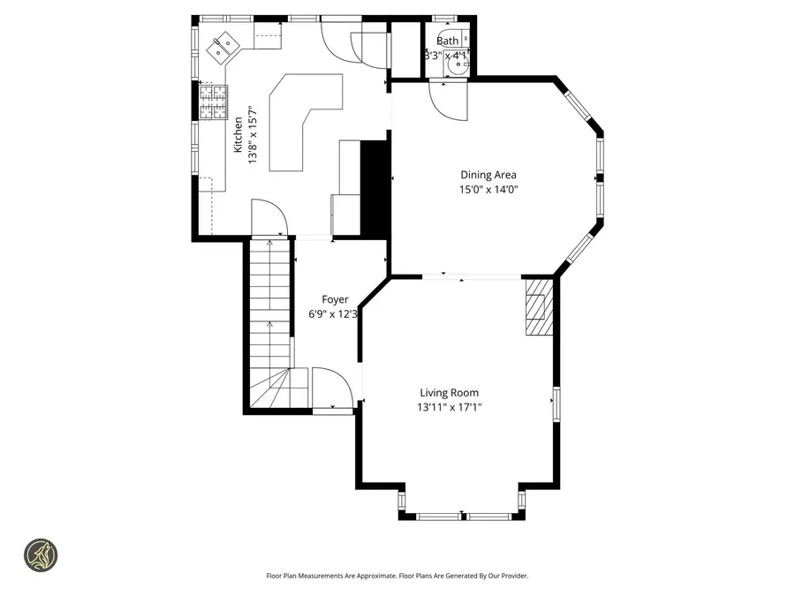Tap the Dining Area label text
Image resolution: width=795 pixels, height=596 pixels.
[x=488, y=175]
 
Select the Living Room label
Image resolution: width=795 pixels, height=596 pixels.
[x=449, y=393]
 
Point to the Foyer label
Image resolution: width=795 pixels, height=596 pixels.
[x=334, y=299]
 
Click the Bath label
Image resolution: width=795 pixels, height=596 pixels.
[x=447, y=41]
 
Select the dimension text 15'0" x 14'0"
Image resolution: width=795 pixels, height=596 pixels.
[x=488, y=189]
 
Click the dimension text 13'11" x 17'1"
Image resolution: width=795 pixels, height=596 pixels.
[x=449, y=407]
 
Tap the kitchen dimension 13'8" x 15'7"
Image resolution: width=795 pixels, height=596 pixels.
[x=252, y=135]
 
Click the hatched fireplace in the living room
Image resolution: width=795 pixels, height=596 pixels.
[x=538, y=306]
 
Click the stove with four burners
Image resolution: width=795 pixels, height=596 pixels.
[x=212, y=101]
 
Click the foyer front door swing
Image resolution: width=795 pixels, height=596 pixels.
[x=332, y=389]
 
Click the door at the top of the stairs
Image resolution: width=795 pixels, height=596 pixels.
[x=268, y=218]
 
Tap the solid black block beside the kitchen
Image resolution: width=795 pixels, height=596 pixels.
[x=376, y=187]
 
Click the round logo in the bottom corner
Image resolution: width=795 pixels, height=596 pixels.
[x=42, y=555]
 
